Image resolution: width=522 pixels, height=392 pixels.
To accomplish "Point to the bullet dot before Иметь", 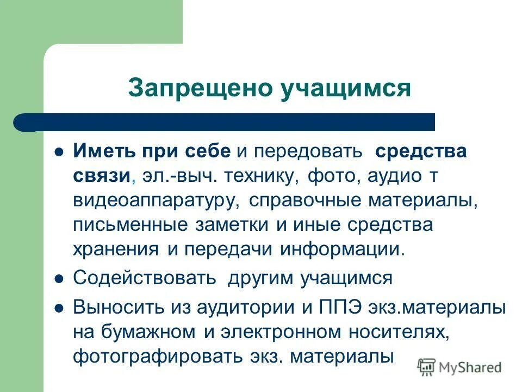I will [x=60, y=151].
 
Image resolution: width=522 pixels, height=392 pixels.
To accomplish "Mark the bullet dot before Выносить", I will [x=60, y=307].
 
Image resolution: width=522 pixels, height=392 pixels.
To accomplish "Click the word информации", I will [x=343, y=249].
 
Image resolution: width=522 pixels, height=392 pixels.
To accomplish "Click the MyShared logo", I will [x=459, y=367].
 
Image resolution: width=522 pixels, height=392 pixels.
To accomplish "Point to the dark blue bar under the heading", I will [x=228, y=122].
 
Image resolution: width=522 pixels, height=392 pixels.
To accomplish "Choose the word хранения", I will [x=115, y=249].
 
